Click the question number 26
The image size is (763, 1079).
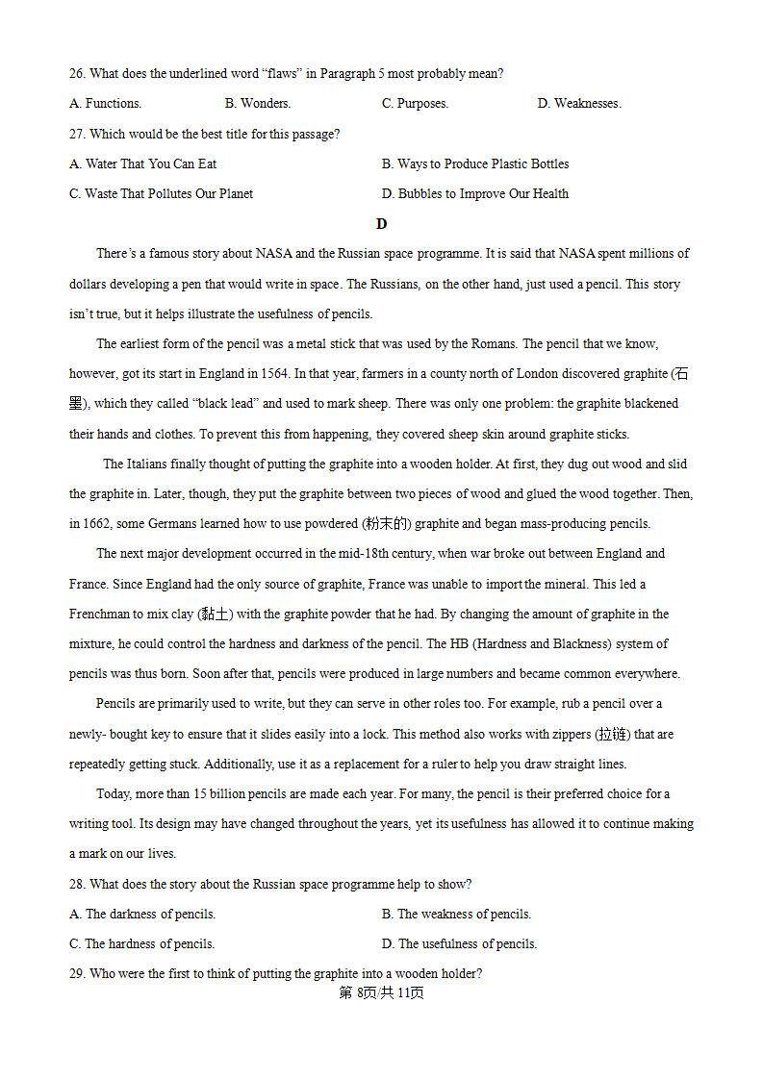point(77,74)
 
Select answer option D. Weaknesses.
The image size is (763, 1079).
point(578,104)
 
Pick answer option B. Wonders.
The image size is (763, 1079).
point(257,104)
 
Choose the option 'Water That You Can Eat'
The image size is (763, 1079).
point(142,164)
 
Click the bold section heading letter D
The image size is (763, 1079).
point(381,224)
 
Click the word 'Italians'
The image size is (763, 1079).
point(151,464)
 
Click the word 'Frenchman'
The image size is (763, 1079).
point(100,615)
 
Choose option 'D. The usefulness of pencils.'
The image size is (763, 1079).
point(459,944)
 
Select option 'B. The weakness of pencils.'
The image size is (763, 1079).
point(456,915)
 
